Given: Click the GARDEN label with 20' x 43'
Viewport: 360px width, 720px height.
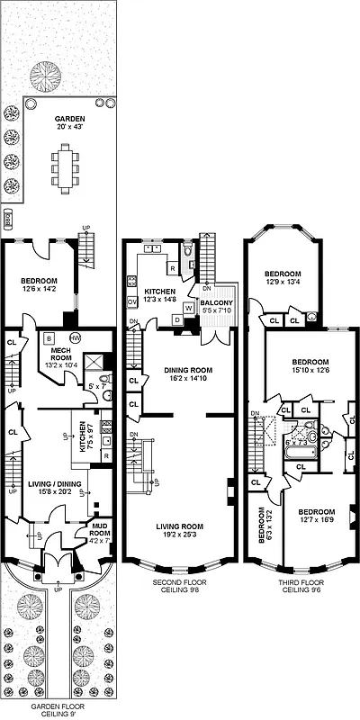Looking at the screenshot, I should point(68,122).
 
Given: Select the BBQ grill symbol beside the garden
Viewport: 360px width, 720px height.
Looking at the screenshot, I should point(9,217).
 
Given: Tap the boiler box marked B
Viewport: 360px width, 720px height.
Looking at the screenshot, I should point(48,337).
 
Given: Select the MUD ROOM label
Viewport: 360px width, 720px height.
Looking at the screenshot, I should point(100,535).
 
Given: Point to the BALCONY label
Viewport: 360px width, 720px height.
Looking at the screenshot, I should point(218,307).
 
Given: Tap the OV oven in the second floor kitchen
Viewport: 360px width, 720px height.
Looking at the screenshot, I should point(132,301).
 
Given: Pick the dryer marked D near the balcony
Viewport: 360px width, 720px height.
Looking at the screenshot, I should point(178,320).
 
